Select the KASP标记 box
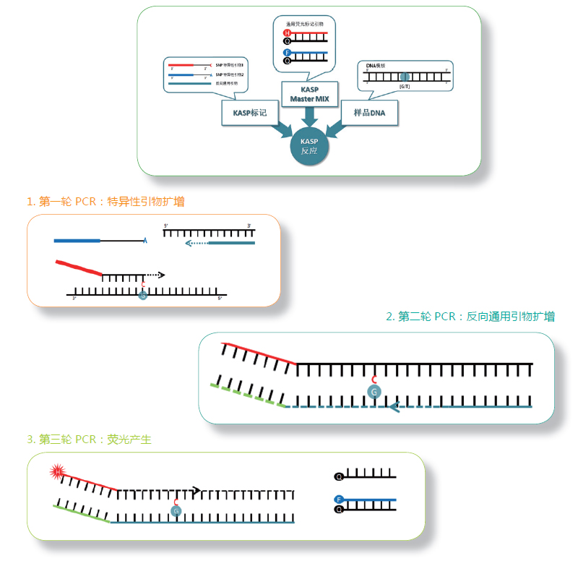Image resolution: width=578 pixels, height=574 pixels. [x=250, y=113]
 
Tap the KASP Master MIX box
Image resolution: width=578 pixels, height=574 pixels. [x=309, y=93]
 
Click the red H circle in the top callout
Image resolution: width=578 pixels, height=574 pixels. [x=288, y=33]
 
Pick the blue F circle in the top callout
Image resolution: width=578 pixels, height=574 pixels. [x=288, y=53]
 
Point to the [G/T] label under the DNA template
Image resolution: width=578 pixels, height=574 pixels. [x=404, y=87]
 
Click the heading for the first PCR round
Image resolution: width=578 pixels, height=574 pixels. [x=105, y=202]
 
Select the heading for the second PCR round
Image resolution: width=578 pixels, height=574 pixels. [x=470, y=317]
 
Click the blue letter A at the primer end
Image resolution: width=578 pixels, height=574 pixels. [x=146, y=240]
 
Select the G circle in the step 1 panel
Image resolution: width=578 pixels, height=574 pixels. [x=143, y=295]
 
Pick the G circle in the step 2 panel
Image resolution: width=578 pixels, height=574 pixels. [x=374, y=391]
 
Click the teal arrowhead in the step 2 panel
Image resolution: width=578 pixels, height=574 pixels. [x=394, y=408]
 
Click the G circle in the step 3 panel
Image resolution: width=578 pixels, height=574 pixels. [x=175, y=510]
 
